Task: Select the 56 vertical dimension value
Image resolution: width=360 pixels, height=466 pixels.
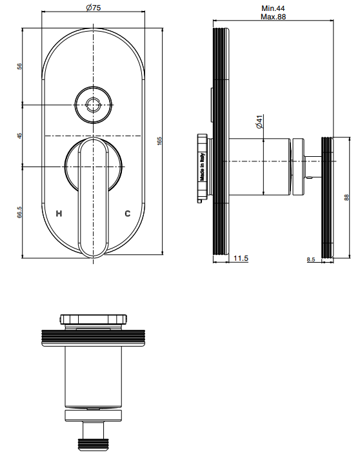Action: (x=20, y=66)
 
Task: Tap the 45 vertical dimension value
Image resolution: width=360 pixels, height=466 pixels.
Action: (x=20, y=136)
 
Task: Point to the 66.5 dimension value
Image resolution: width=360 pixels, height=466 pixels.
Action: (x=20, y=212)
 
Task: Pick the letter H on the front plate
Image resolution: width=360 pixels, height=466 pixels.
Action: (x=60, y=213)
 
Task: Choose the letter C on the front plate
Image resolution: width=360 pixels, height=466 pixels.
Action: (x=127, y=213)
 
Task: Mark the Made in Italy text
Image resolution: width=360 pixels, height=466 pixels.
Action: (x=202, y=167)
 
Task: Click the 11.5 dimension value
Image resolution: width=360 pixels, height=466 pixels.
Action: (x=241, y=259)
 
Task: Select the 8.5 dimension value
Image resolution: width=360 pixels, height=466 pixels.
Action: (x=311, y=259)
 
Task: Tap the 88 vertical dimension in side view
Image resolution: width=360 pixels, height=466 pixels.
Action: (x=346, y=198)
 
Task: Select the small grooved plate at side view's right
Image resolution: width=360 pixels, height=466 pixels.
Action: (x=328, y=194)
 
